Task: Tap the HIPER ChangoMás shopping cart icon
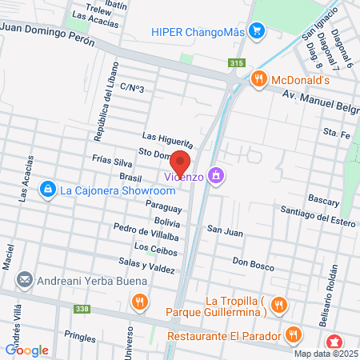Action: (x=256, y=32)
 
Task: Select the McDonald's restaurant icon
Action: (x=258, y=78)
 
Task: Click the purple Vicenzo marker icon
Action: (x=214, y=175)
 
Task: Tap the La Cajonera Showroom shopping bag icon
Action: (x=47, y=189)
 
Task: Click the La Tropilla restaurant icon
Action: (x=278, y=304)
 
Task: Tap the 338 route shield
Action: (x=82, y=307)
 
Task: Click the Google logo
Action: (x=26, y=350)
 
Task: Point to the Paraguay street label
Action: (x=164, y=206)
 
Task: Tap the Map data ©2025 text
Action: (x=325, y=353)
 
